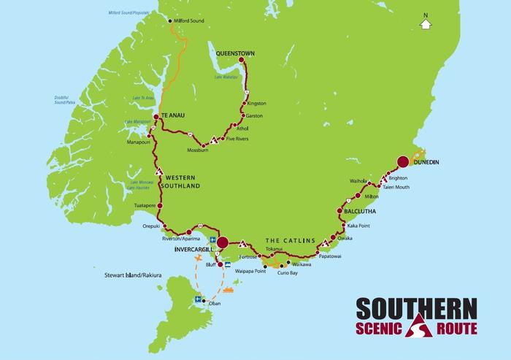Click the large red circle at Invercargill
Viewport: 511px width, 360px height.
click(x=223, y=242)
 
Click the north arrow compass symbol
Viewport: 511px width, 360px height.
click(x=425, y=23)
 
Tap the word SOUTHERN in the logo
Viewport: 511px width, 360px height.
click(x=417, y=306)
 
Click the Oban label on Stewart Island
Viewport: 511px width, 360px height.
click(x=215, y=303)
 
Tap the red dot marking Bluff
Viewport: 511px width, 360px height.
click(x=219, y=264)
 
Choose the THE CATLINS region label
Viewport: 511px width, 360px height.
click(x=289, y=240)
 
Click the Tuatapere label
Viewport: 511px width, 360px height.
click(x=147, y=207)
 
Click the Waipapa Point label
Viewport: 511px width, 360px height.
click(x=249, y=271)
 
